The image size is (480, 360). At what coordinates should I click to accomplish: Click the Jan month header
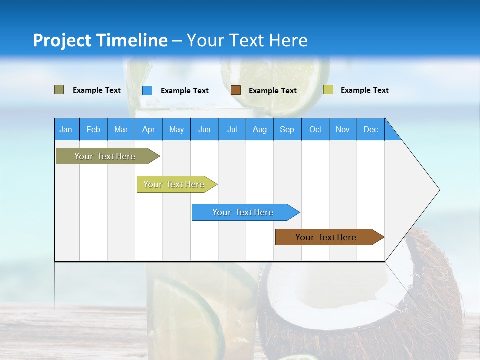(66, 129)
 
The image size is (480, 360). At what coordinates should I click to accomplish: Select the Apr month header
(148, 129)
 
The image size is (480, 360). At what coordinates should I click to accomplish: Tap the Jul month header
(232, 129)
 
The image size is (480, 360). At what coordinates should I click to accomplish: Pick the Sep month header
(287, 129)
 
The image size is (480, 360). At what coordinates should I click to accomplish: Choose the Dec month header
(370, 129)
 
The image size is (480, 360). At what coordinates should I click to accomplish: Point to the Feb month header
(93, 129)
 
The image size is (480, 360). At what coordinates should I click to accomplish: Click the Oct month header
(315, 129)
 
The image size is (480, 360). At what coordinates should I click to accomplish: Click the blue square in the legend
(147, 90)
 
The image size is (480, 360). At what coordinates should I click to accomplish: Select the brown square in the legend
(236, 90)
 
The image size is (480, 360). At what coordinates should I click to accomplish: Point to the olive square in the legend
(59, 90)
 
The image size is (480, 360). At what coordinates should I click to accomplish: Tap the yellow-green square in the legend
(328, 90)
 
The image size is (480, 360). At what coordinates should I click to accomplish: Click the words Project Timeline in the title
(100, 40)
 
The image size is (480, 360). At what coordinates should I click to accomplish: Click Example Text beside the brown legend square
(272, 91)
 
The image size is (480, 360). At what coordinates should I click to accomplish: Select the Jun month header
(204, 129)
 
